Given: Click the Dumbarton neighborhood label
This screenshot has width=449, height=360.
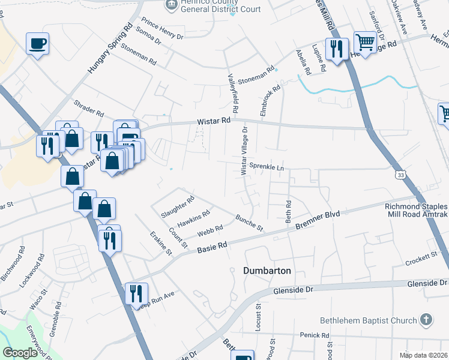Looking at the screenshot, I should (x=267, y=271).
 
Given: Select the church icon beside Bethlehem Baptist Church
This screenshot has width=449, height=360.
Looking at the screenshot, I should (x=426, y=319).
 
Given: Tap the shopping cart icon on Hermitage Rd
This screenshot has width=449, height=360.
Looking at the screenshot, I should (x=364, y=41).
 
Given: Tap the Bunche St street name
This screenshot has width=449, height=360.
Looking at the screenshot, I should (x=249, y=223).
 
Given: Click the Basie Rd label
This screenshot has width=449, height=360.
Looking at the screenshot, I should (x=212, y=246).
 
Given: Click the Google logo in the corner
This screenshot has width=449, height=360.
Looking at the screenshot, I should (x=20, y=353).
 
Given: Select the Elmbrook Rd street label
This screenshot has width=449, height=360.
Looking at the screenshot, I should (x=270, y=100).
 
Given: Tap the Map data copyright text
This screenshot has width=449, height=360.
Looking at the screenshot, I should (x=423, y=355).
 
